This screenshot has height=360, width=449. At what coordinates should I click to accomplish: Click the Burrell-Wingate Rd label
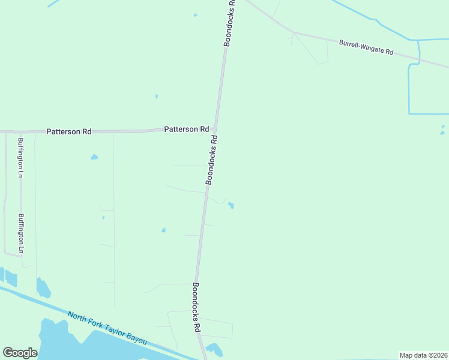366,47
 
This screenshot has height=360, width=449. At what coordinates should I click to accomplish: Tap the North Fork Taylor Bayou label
107,327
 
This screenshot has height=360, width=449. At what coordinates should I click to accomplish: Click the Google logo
20,353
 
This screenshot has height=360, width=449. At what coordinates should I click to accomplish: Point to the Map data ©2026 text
423,355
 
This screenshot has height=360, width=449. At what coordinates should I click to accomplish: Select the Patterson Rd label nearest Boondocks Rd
187,129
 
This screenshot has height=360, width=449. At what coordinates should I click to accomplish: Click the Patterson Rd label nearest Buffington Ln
69,131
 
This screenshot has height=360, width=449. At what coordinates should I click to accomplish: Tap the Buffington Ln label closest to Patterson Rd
20,158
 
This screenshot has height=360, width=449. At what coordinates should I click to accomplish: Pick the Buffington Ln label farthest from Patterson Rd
21,233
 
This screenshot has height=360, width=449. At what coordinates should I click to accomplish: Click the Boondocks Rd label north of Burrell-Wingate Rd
230,23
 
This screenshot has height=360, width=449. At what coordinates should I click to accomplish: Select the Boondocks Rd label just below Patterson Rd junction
211,159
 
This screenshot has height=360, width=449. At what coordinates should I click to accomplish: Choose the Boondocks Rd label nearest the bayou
196,308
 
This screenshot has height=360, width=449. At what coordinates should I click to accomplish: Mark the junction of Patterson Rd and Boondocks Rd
215,129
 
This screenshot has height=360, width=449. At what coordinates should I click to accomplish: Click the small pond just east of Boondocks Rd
231,206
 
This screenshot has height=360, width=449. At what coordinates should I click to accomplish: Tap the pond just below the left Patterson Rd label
94,157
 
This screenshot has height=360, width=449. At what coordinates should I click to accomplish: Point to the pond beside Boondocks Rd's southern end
213,348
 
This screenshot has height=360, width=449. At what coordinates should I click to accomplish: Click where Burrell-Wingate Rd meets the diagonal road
293,32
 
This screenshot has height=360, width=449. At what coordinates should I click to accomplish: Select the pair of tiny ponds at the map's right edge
442,130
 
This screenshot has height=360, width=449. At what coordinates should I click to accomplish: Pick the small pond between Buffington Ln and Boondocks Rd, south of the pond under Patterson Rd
163,230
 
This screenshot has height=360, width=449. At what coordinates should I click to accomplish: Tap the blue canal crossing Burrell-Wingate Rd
419,61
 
